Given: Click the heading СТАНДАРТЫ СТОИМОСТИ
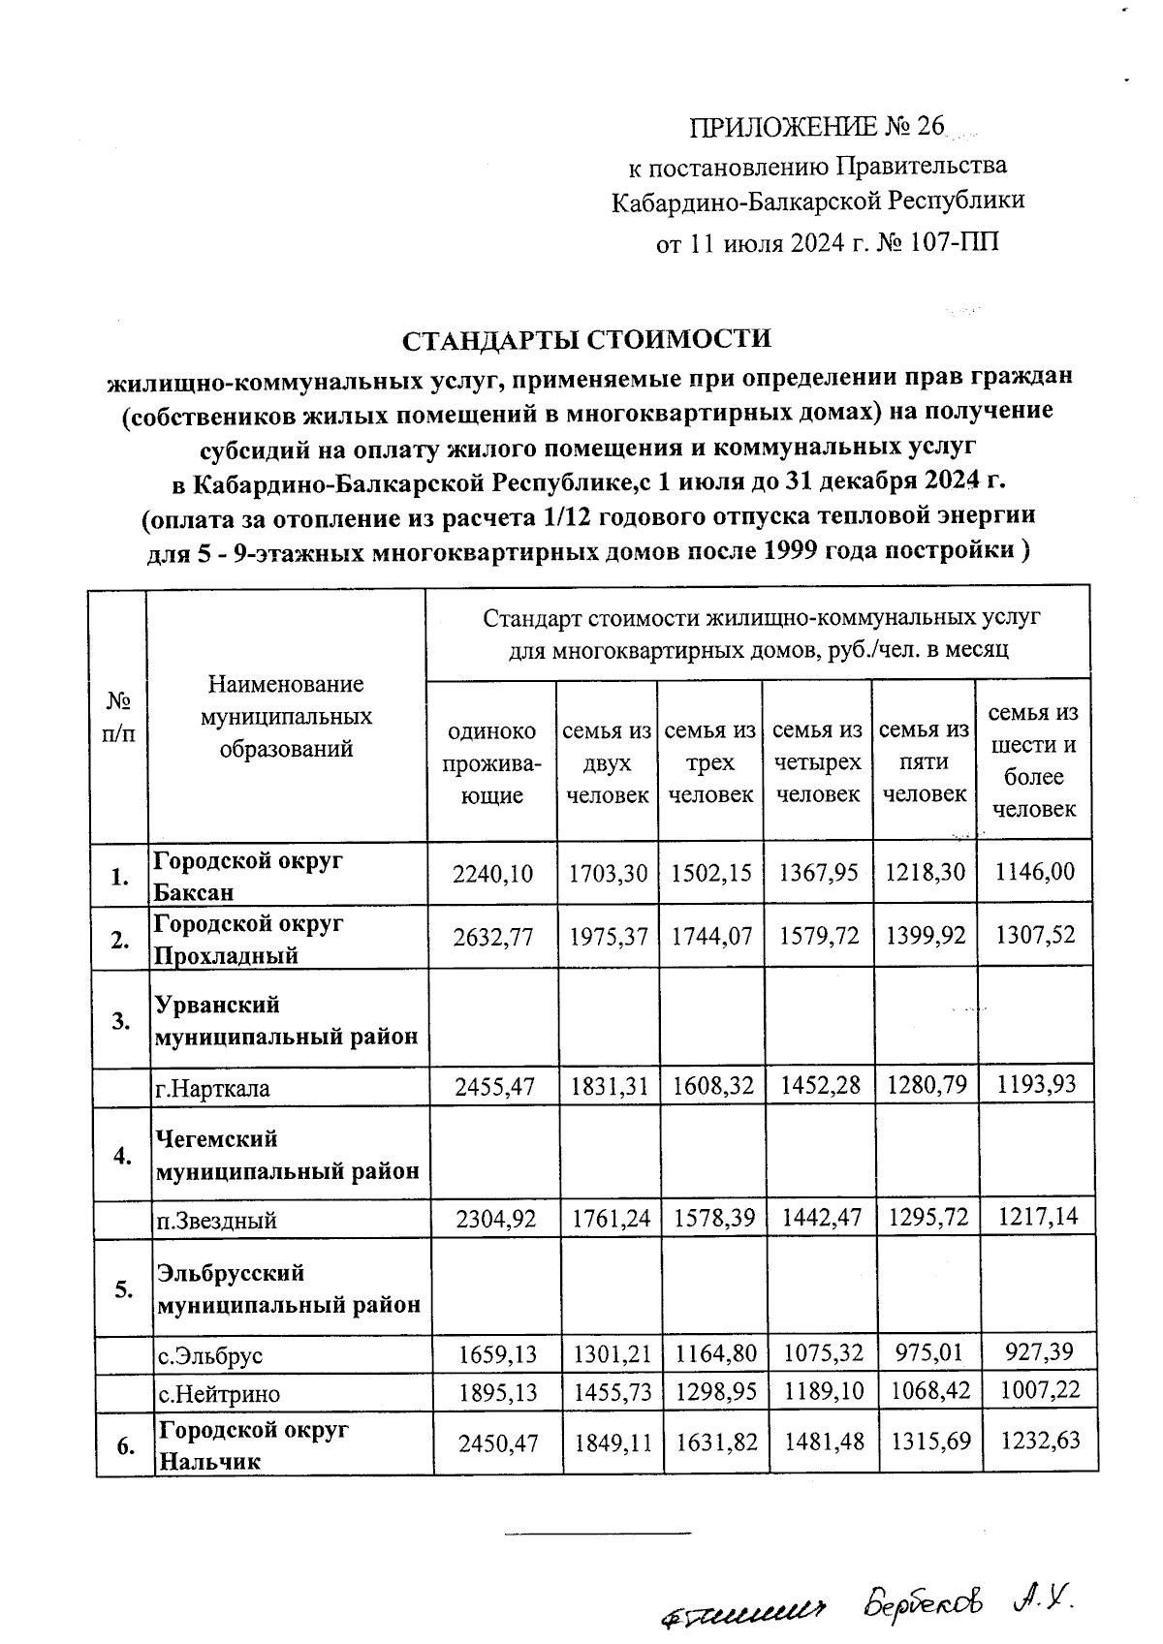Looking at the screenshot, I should pos(587,341).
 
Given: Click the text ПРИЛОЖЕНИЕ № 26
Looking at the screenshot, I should pos(816,128).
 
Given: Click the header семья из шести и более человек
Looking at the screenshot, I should pos(1034,760).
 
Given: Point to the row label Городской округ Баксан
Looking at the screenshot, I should pos(248,876).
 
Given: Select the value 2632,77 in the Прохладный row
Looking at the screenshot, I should pos(492,937).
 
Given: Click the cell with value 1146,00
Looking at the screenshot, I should pos(1035,872).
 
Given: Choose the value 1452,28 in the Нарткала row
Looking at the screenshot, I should pos(819,1085).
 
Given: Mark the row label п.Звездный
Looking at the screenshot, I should pos(215,1220).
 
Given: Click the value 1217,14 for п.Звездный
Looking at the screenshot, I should pos(1035,1217).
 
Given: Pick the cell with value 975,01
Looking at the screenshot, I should pos(925,1352).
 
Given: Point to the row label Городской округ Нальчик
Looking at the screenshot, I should pos(252,1444).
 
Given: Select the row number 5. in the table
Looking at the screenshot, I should pos(124,1289).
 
